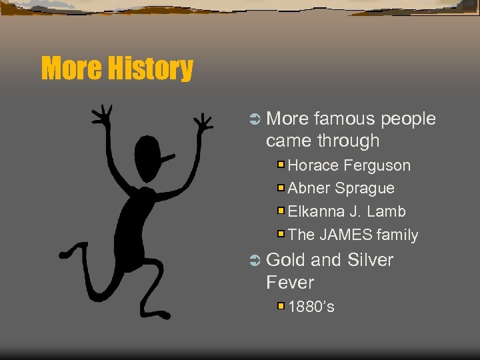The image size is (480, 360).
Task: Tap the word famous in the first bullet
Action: click(345, 119)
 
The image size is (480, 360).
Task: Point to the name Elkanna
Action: click(316, 212)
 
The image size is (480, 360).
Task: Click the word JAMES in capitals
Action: click(345, 235)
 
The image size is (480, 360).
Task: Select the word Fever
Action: click(289, 283)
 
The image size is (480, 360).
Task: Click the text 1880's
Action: click(311, 307)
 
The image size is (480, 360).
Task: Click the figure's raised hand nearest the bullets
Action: click(203, 122)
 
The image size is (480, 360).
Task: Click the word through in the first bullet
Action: click(349, 141)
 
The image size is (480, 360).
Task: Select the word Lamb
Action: click(387, 212)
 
